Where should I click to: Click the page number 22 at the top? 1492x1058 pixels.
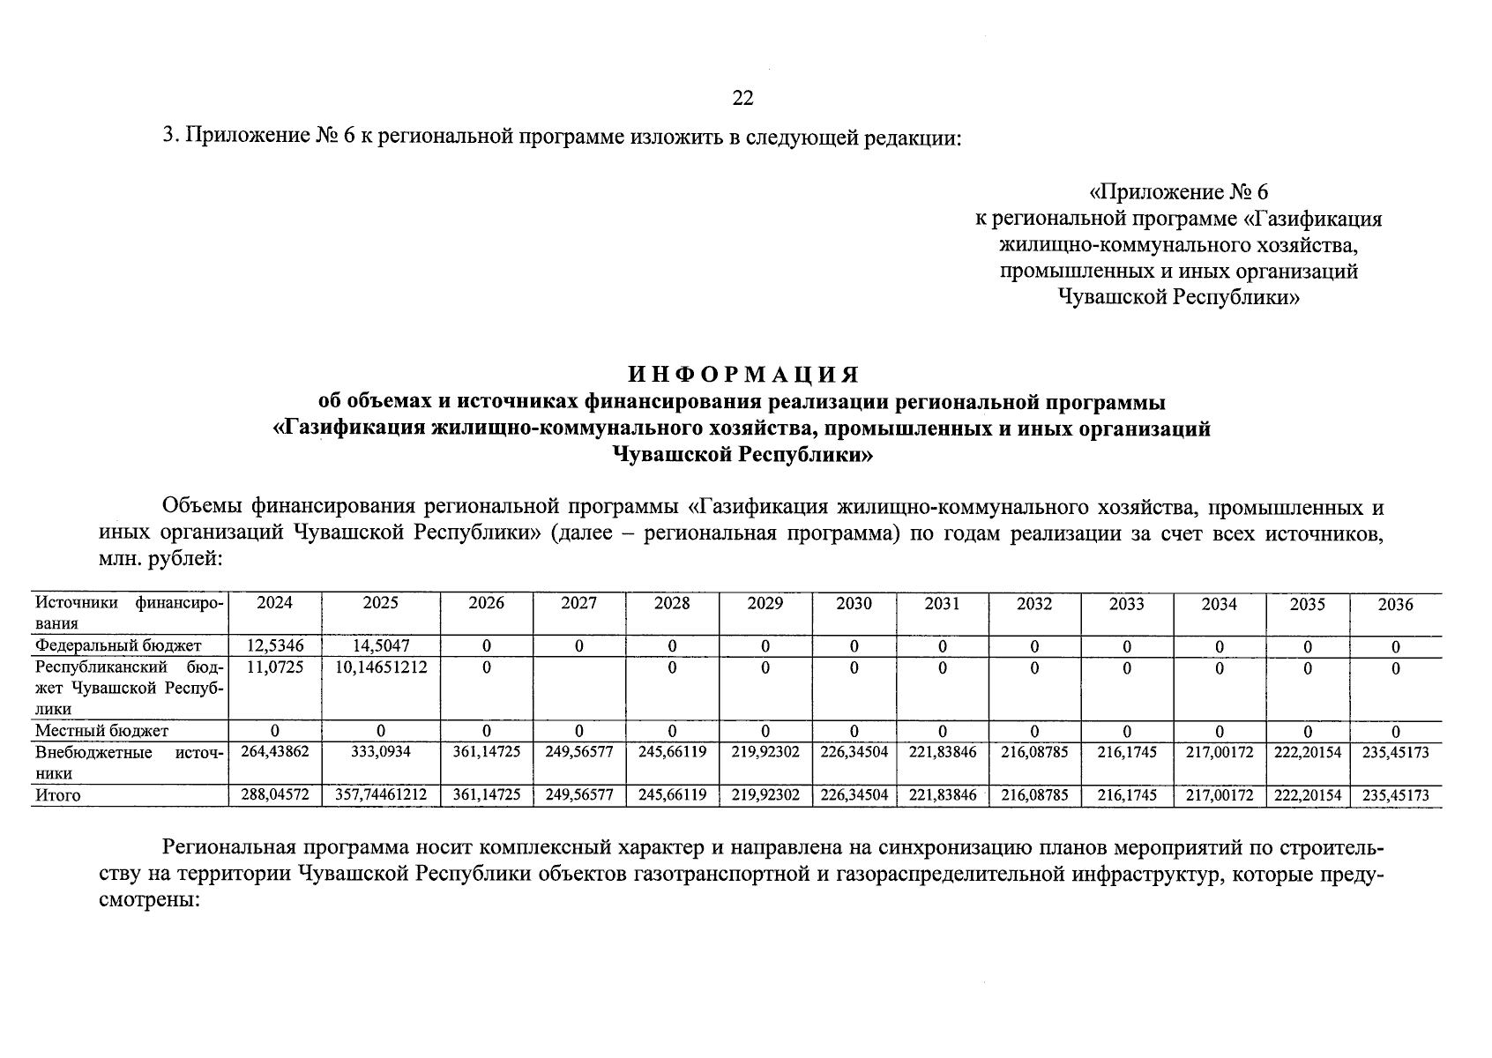(742, 98)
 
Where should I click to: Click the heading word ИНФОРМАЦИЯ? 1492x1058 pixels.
(742, 375)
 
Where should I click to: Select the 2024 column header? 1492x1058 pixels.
(274, 604)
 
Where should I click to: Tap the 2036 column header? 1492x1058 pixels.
(1395, 605)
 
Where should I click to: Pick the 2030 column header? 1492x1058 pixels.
(853, 604)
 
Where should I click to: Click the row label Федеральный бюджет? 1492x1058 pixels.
(118, 646)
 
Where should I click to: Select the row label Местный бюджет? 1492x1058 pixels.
(101, 731)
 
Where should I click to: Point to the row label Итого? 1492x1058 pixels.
(57, 795)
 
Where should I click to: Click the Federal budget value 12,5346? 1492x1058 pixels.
(274, 646)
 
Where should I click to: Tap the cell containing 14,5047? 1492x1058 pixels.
(380, 646)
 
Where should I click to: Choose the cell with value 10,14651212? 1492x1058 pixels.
(381, 667)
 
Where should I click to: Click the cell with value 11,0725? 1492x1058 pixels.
(274, 667)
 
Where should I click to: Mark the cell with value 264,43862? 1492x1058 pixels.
(274, 752)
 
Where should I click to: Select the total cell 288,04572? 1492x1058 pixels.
(274, 795)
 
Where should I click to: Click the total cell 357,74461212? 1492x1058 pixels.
(381, 795)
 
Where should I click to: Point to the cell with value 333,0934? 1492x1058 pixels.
(380, 752)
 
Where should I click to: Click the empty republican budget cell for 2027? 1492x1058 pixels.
(578, 688)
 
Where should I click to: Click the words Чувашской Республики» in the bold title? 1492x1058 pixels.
(742, 455)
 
